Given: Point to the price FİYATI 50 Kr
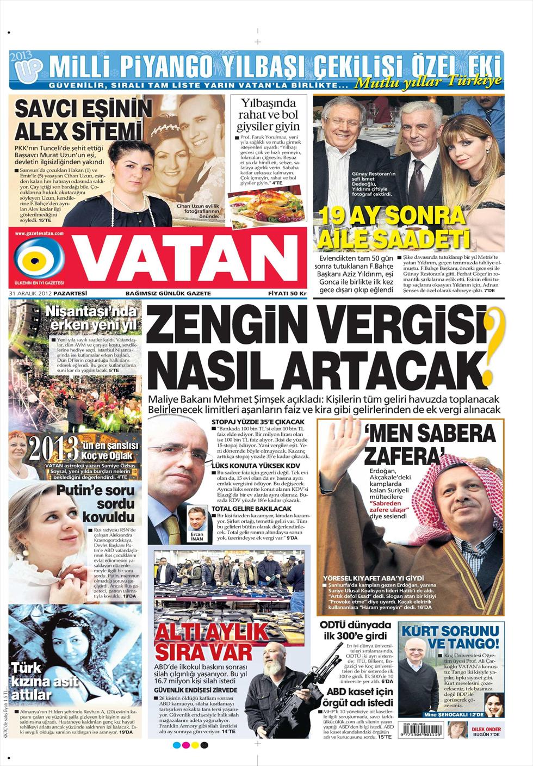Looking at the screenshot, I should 287,293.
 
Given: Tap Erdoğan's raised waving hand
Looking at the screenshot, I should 341,452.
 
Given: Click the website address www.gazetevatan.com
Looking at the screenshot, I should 40,233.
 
